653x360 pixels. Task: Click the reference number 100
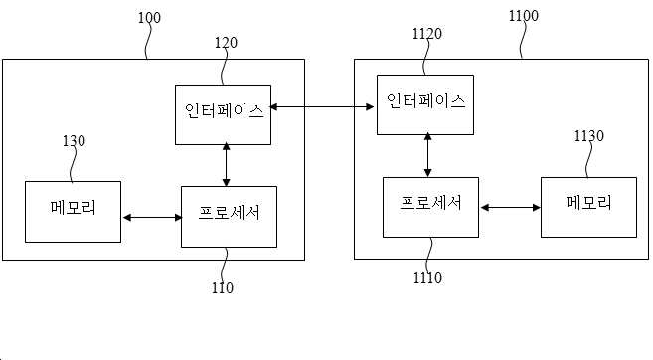point(149,18)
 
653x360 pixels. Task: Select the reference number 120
point(226,43)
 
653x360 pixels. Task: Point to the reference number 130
point(74,141)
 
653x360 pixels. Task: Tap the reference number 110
point(223,288)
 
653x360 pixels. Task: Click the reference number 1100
point(524,16)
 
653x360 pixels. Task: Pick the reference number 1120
point(427,34)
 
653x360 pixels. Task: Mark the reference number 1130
point(588,136)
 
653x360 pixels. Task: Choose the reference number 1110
point(427,277)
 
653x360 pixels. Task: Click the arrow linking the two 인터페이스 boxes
point(322,107)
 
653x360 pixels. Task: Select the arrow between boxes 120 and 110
point(227,164)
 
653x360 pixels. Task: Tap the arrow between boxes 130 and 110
point(152,217)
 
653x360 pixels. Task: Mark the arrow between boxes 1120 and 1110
point(427,155)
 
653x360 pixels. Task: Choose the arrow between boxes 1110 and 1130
point(510,207)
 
